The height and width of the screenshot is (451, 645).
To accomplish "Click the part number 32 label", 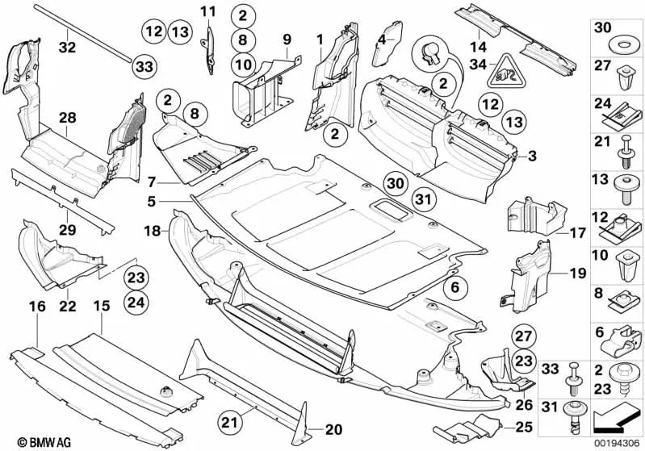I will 68,48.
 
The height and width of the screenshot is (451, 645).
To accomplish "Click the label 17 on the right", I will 574,231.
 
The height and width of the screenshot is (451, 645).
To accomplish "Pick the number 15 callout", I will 101,307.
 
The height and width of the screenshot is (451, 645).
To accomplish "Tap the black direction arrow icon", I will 617,420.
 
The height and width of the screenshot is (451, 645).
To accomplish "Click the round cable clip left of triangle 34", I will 429,55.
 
